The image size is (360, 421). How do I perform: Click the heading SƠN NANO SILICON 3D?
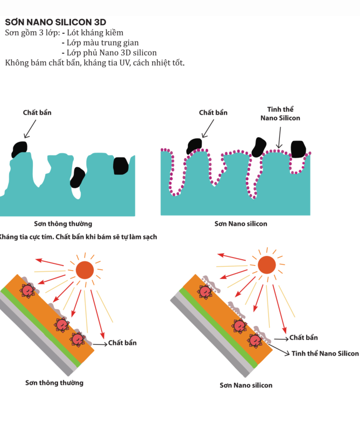[55, 23]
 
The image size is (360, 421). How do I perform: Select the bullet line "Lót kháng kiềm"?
[95, 33]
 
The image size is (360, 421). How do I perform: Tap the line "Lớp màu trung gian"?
[103, 42]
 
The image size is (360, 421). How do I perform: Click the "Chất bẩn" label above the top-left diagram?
[37, 112]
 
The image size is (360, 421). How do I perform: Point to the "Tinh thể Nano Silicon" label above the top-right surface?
[280, 113]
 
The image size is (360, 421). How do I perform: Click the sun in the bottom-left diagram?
[84, 270]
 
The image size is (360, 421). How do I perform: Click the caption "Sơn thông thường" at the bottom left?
[54, 383]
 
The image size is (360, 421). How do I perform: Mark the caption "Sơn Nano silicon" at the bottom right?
[246, 385]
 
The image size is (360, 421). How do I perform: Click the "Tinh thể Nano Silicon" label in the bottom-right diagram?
[325, 353]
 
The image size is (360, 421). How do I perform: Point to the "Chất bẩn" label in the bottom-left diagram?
[122, 342]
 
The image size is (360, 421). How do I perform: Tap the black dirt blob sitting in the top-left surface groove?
[77, 177]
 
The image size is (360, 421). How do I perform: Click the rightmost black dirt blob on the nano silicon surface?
[298, 148]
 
